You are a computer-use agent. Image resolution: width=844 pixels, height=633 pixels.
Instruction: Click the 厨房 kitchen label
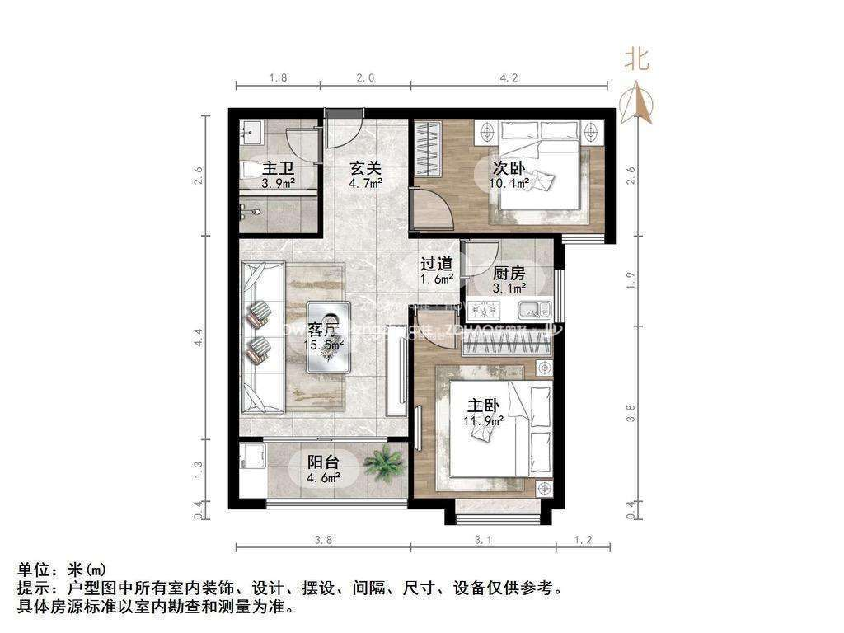[509, 274]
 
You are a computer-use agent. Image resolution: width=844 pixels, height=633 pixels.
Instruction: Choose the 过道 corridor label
[436, 265]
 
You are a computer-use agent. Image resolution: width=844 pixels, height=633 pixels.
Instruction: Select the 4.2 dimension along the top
[509, 78]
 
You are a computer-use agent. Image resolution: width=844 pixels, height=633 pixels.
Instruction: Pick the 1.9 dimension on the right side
[631, 280]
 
